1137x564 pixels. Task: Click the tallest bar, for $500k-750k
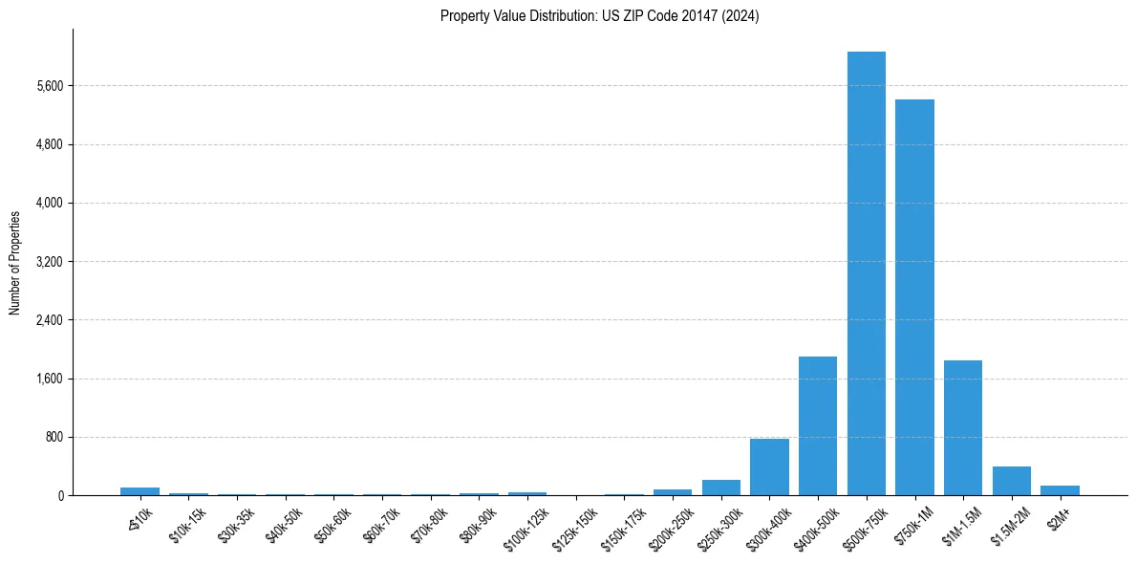coord(866,273)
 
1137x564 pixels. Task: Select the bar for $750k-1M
coord(914,297)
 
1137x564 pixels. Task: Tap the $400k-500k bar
coord(818,425)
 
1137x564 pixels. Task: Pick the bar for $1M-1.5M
coord(963,427)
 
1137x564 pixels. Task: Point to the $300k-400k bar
coord(769,466)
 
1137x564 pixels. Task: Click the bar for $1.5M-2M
coord(1011,481)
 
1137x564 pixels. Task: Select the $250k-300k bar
coord(720,488)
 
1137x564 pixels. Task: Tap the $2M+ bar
coord(1060,490)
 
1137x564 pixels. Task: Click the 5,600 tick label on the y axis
coord(47,86)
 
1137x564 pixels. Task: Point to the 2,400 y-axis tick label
coord(47,320)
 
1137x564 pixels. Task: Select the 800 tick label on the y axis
coord(54,438)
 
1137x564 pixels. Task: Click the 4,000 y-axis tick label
coord(47,203)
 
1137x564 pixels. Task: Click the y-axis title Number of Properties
coord(15,262)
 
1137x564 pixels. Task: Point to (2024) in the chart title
coord(740,16)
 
